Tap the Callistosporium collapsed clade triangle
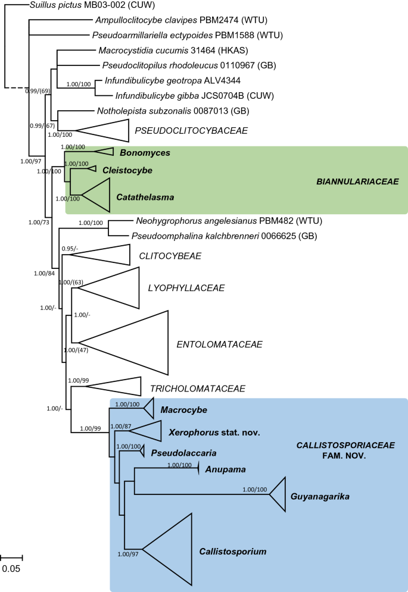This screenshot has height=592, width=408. [x=173, y=548]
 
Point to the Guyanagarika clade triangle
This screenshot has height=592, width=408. [x=279, y=494]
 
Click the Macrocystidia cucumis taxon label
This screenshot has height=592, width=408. [x=142, y=51]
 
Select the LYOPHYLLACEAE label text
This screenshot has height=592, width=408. [x=186, y=288]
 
